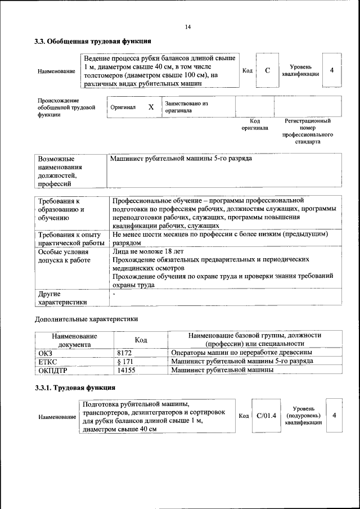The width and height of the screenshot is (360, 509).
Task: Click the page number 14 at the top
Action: (187, 27)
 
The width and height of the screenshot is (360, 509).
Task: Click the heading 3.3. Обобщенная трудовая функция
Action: (92, 42)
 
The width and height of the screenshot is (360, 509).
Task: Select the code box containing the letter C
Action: (267, 71)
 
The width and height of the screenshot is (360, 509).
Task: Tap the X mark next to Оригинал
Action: (151, 107)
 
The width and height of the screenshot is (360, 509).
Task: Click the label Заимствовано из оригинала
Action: (186, 107)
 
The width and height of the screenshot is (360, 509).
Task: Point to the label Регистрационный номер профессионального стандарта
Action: (308, 132)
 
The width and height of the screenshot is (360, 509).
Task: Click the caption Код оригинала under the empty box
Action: (254, 124)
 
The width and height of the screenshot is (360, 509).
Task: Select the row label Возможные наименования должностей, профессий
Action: (61, 171)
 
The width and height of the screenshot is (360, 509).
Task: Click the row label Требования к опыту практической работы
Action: (69, 238)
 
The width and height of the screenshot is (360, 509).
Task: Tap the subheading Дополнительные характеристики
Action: (86, 319)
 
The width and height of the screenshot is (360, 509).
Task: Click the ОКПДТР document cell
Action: (55, 370)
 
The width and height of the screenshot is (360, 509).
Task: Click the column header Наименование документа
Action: (74, 340)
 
